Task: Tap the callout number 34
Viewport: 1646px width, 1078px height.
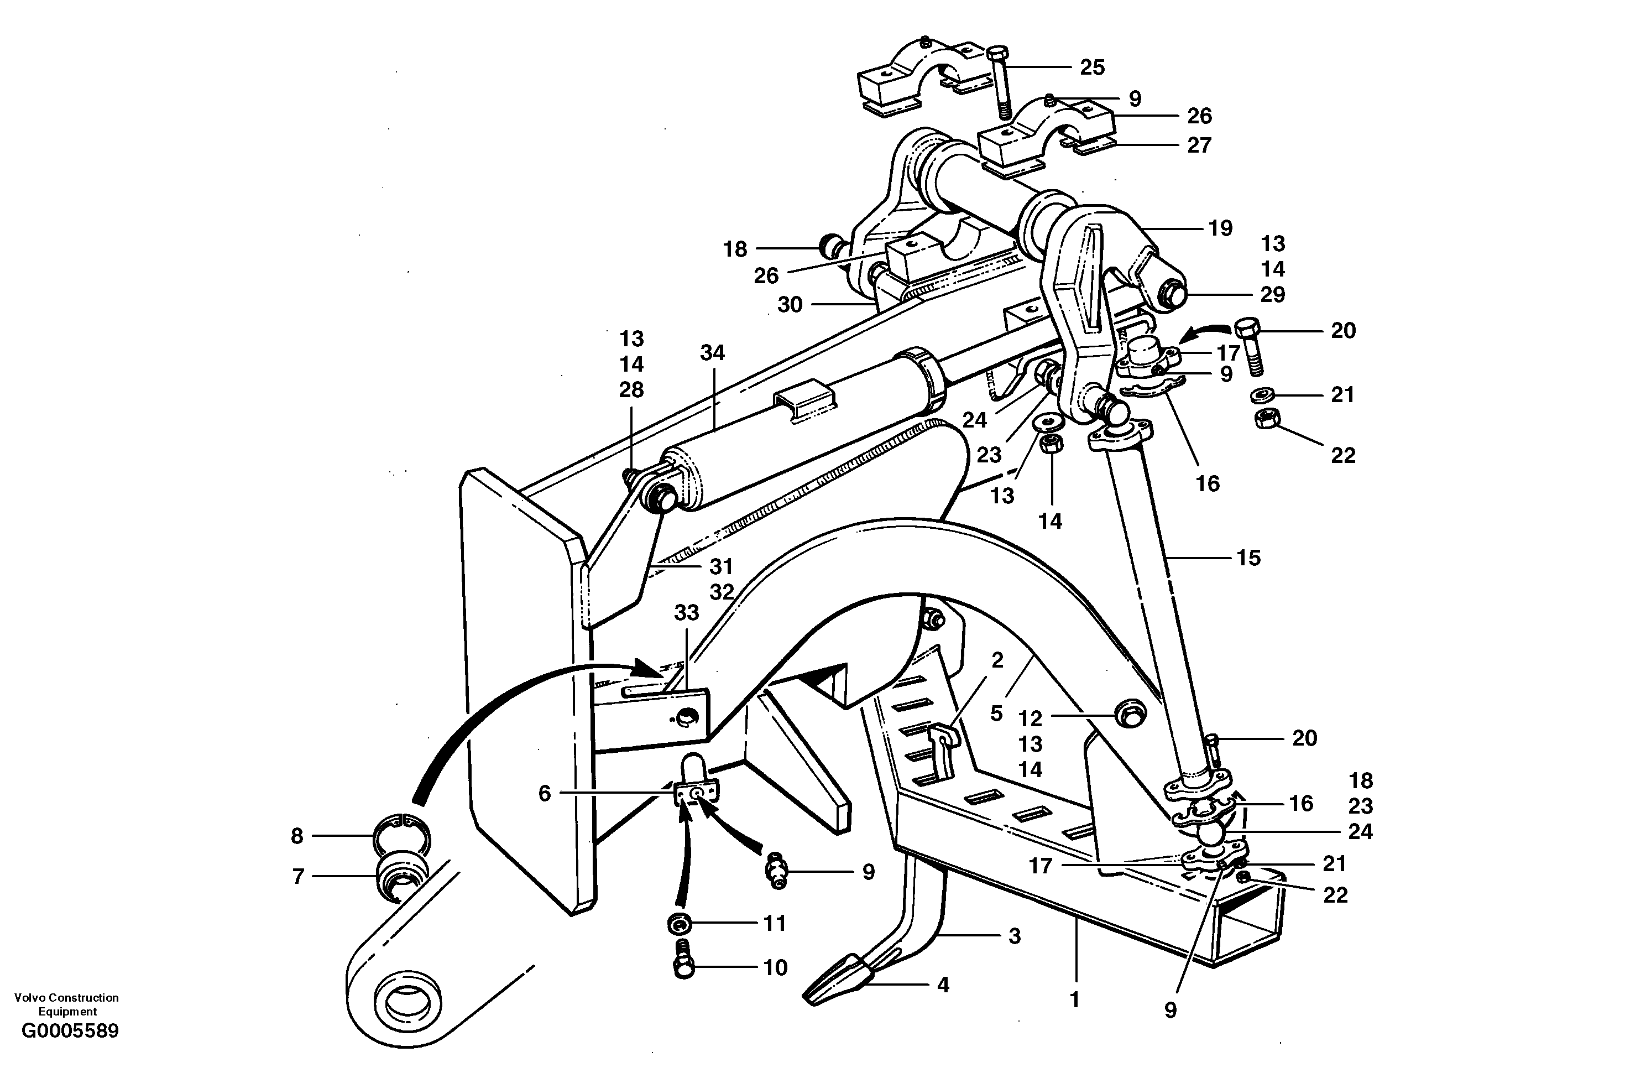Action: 712,353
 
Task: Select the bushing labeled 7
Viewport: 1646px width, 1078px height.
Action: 401,877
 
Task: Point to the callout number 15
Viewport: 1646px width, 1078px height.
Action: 1248,557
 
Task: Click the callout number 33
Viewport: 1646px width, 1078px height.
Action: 687,612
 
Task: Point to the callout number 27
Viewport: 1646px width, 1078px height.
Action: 1199,145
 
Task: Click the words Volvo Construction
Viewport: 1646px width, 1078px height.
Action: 66,998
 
